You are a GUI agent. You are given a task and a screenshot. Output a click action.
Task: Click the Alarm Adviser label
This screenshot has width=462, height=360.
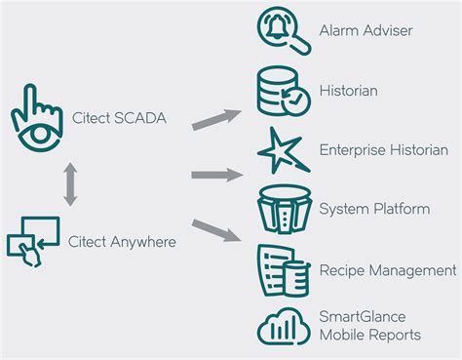[366, 30]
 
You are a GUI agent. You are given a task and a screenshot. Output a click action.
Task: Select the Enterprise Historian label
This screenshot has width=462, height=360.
[383, 150]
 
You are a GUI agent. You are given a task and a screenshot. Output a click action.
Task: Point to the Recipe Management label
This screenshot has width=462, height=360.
[387, 269]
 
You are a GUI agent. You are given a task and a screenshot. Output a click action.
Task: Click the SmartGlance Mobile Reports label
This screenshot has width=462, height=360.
[370, 326]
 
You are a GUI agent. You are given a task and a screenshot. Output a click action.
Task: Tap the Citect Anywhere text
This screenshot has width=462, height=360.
[123, 240]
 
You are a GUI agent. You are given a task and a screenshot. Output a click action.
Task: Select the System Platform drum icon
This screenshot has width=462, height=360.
[283, 208]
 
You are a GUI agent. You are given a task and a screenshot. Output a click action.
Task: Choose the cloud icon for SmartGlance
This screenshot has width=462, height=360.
[284, 326]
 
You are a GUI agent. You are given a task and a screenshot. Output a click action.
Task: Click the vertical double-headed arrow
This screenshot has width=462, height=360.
[69, 182]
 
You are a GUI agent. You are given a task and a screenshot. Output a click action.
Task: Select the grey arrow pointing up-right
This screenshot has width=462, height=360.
[216, 116]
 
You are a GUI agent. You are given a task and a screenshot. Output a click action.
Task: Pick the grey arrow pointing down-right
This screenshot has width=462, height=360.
[216, 231]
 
